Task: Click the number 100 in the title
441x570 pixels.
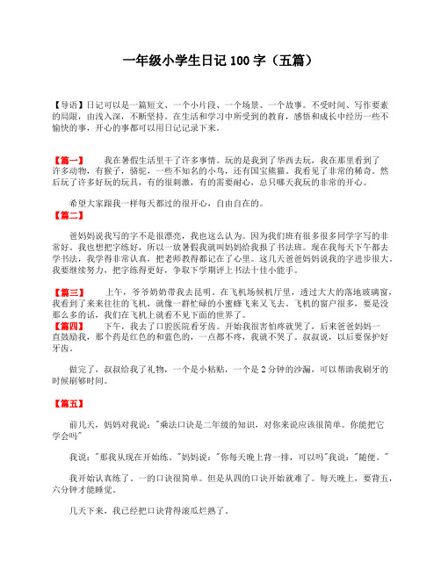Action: tap(239, 61)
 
